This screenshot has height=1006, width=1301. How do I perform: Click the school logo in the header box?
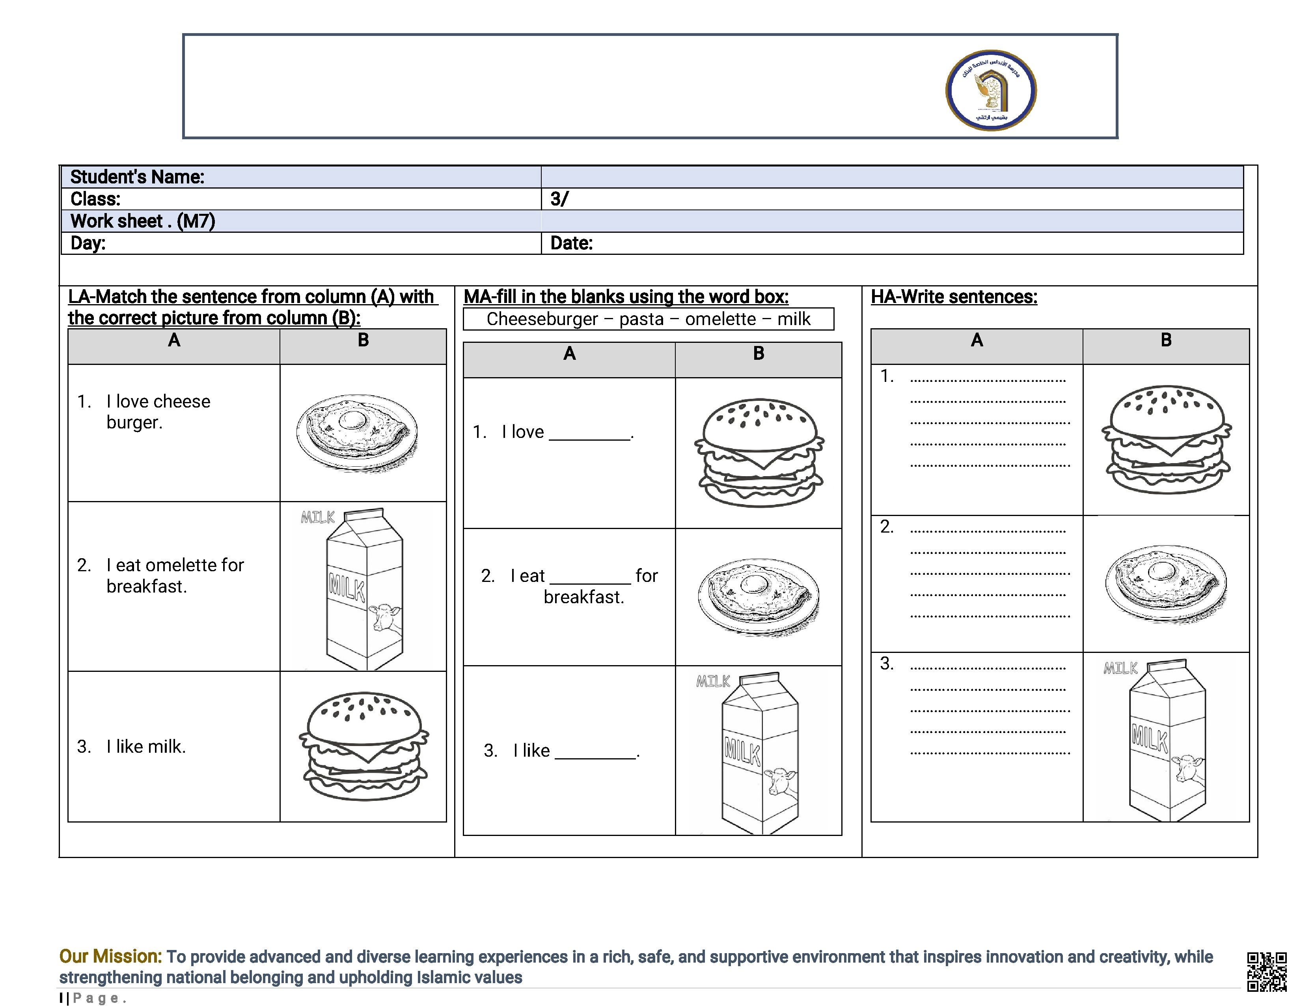pos(991,90)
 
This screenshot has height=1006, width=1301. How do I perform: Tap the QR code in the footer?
pos(1266,971)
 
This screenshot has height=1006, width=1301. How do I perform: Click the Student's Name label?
pos(137,177)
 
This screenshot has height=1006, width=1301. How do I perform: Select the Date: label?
pos(571,243)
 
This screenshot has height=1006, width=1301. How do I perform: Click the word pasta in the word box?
pos(641,320)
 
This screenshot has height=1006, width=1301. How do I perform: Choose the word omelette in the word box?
pos(720,320)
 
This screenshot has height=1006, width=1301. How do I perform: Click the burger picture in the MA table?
pos(759,453)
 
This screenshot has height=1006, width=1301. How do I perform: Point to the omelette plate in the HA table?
pos(1166,584)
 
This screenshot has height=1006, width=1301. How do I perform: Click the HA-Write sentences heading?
pos(954,297)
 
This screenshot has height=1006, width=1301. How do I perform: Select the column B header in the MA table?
pos(758,354)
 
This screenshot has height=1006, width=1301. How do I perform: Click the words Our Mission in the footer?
pos(110,957)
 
